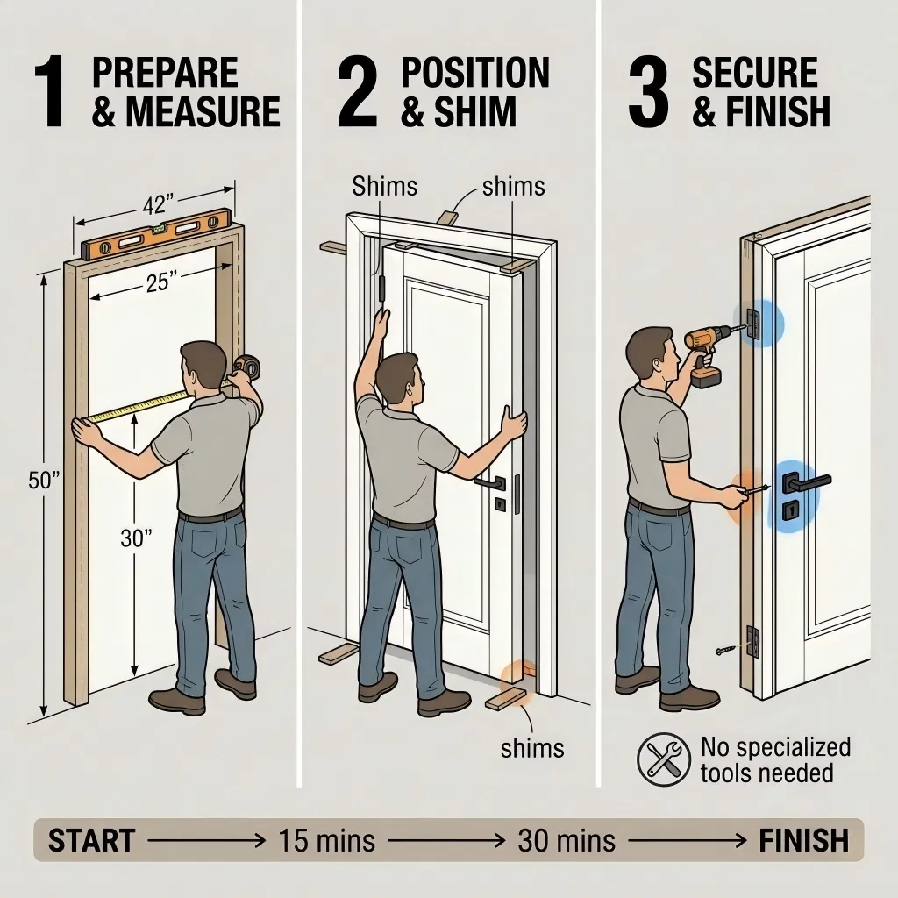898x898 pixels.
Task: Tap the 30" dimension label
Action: click(x=136, y=538)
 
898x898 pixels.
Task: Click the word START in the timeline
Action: click(x=91, y=840)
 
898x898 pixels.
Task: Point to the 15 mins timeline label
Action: click(x=325, y=840)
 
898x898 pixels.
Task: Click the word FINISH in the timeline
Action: click(x=803, y=840)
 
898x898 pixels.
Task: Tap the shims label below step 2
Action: click(x=532, y=748)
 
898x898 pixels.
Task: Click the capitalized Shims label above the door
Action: click(x=384, y=186)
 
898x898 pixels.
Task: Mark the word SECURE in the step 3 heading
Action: click(x=755, y=74)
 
